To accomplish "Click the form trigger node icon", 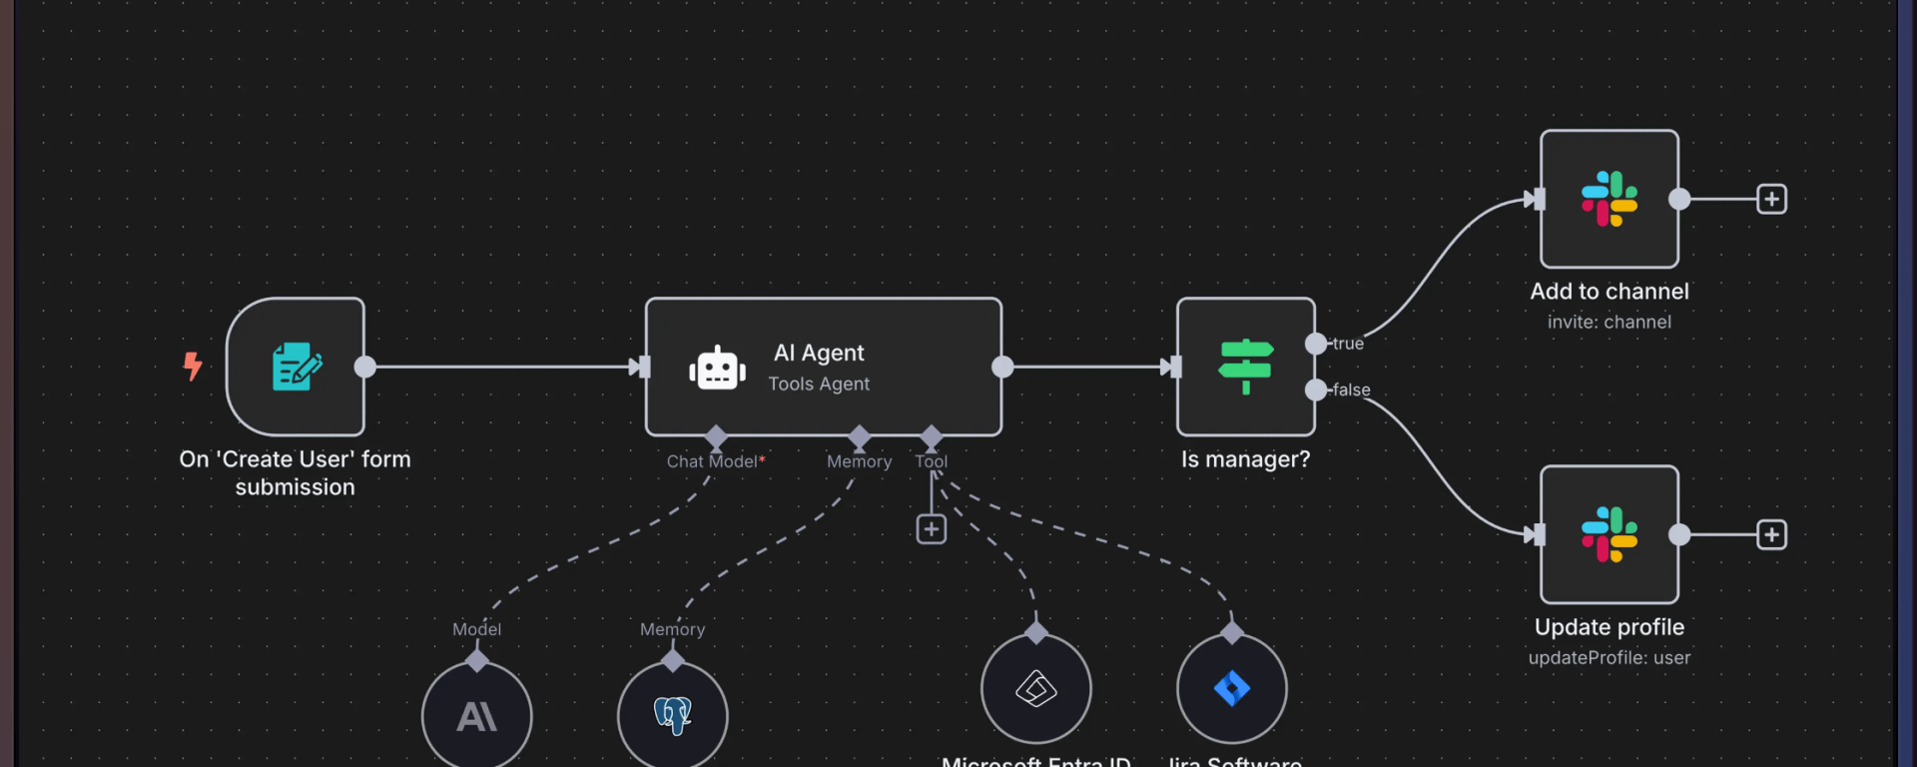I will click(297, 367).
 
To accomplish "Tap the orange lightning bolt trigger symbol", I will click(193, 366).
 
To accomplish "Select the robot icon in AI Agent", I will click(717, 369).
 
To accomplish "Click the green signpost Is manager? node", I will click(1245, 367).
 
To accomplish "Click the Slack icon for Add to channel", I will click(1608, 199).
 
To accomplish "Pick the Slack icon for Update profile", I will click(1608, 534).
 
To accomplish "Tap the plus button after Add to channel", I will click(1771, 199).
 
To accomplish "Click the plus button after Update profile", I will click(1771, 534).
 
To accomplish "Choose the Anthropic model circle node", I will click(477, 715).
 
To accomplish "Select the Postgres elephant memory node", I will click(673, 715).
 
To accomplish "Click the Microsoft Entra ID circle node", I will click(1036, 689).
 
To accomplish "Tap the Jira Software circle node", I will click(1232, 689).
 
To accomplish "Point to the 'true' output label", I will click(1348, 344).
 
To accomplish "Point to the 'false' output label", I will click(1351, 390).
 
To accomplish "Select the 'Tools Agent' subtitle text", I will click(819, 384).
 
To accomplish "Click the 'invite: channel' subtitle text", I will click(1608, 323).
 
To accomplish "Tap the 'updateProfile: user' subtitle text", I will click(1608, 658).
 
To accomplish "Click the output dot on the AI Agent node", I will click(1002, 367).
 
